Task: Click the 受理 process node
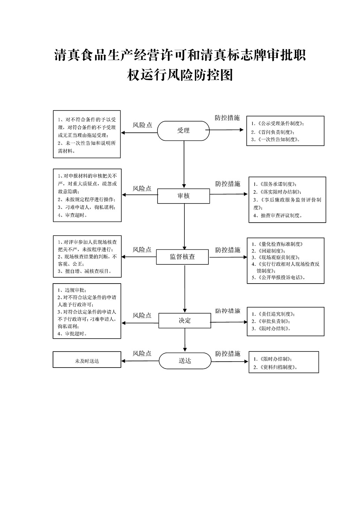(183, 131)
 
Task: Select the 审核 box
(183, 196)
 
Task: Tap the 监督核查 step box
(182, 257)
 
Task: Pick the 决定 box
(185, 321)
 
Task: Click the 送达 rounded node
(185, 361)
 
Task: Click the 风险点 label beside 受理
(142, 125)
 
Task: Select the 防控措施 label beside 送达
(228, 354)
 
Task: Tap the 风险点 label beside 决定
(142, 315)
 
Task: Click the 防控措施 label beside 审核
(228, 184)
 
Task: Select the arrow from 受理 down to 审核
(184, 164)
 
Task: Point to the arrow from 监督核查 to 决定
(185, 288)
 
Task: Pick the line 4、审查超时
(72, 215)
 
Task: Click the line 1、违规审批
(72, 290)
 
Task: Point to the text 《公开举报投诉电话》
(282, 277)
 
